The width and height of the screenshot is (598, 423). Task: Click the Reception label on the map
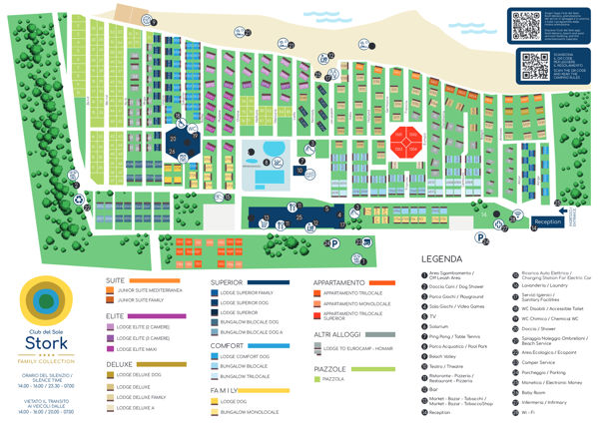click(548, 221)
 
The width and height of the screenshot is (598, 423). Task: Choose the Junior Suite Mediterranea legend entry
click(150, 290)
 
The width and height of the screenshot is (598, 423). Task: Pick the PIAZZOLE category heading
click(330, 369)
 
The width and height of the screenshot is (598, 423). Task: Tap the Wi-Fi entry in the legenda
click(520, 409)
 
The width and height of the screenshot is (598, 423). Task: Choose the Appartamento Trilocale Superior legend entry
click(357, 316)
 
